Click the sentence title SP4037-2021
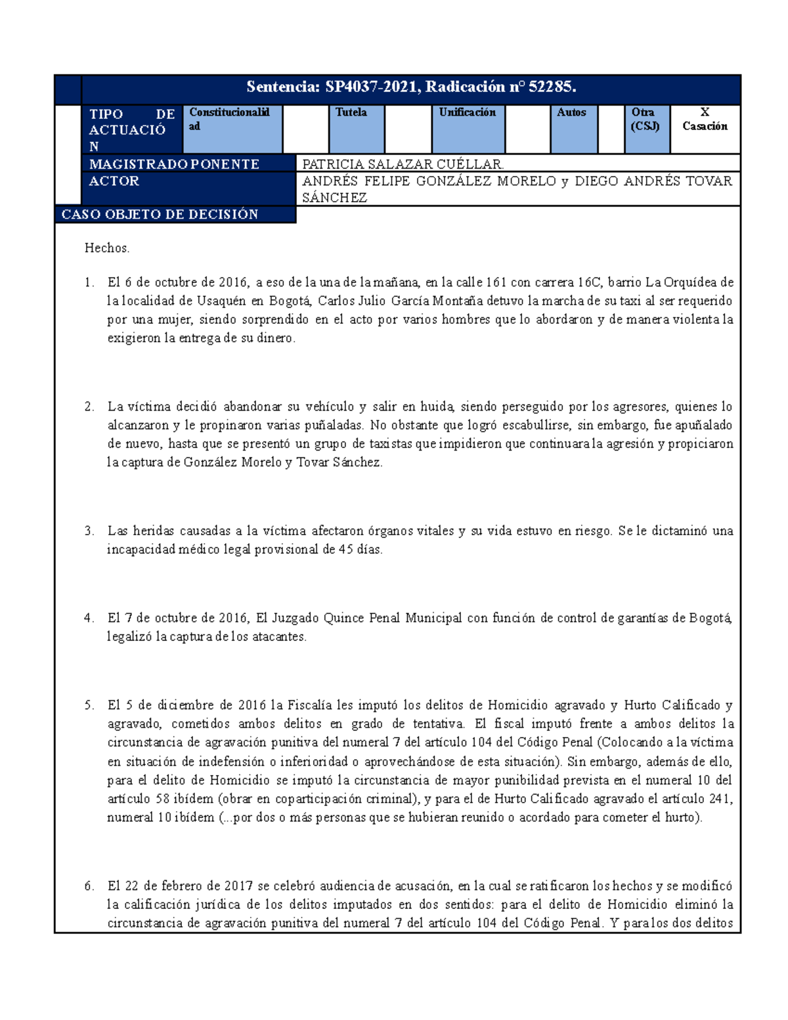click(411, 87)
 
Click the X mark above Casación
click(705, 112)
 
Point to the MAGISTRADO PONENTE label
click(174, 164)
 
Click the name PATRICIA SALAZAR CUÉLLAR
click(403, 164)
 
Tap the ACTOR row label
click(114, 181)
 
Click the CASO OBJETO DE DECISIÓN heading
click(160, 215)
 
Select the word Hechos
click(107, 248)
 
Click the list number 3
click(89, 531)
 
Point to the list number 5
click(89, 705)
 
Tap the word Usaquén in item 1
click(221, 301)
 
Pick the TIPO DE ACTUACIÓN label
click(131, 130)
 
